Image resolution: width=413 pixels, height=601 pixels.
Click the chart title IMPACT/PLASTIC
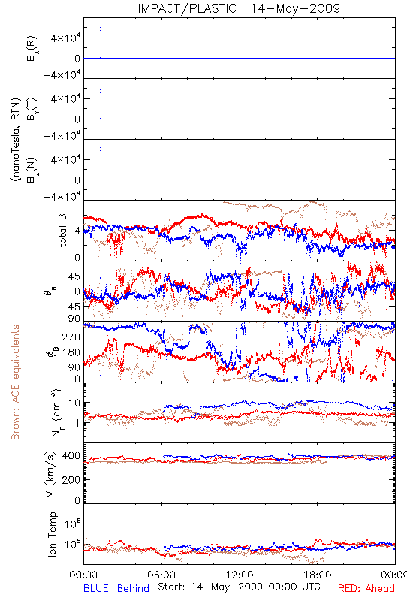[187, 8]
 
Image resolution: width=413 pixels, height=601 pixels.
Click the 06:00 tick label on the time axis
[161, 575]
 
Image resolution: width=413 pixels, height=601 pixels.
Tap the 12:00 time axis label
[240, 575]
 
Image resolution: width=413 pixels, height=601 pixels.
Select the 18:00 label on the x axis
[318, 575]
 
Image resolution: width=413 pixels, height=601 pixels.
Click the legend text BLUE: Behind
[116, 589]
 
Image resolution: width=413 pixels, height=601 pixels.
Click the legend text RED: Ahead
[366, 589]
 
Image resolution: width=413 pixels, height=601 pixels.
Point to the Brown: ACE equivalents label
[15, 382]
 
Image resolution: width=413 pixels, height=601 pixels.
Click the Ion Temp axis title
[53, 534]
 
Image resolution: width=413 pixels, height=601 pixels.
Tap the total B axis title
[62, 231]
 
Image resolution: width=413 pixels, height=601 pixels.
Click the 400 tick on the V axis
[71, 456]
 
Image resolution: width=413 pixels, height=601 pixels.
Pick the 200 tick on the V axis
[71, 479]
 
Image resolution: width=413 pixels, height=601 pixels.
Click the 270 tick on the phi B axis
[71, 337]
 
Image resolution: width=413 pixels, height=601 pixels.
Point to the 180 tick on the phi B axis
[71, 352]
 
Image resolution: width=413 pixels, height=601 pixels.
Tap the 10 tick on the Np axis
[74, 403]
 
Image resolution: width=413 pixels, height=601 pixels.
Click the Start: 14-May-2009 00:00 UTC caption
[239, 587]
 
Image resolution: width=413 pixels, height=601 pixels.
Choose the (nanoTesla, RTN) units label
[16, 140]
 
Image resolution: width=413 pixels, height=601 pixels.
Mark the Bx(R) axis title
[32, 49]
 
